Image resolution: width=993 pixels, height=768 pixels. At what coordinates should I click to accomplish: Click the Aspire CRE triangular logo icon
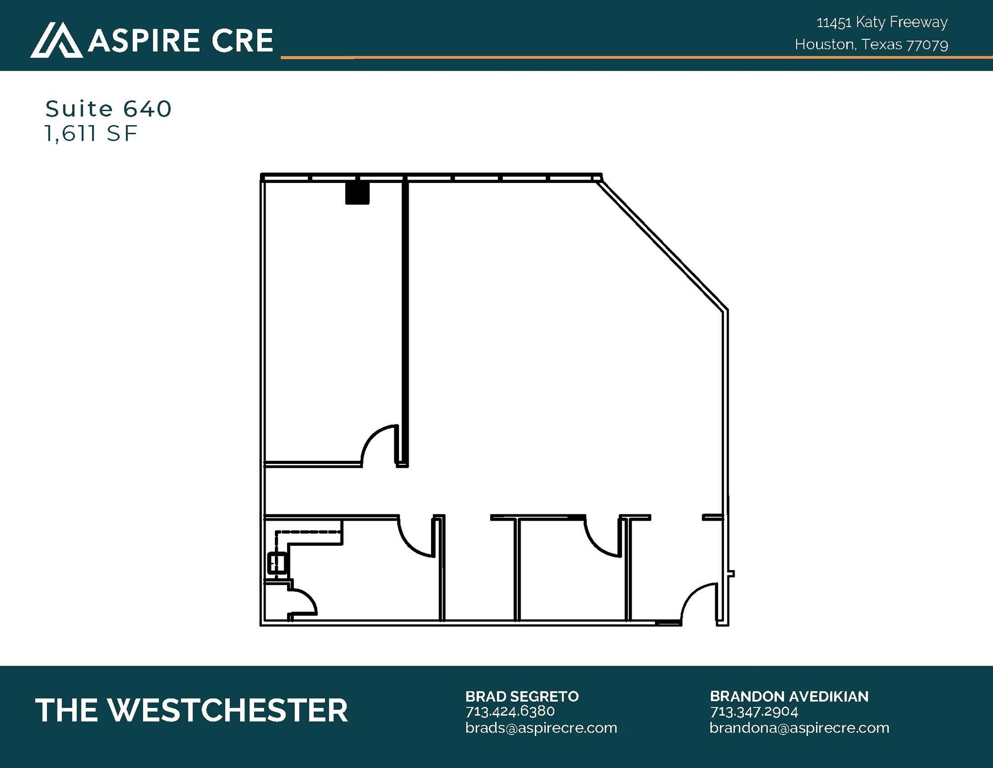(x=56, y=40)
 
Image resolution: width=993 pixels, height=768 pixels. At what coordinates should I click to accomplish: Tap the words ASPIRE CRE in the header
(x=180, y=40)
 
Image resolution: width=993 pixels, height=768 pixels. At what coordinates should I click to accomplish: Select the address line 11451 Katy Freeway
(x=882, y=22)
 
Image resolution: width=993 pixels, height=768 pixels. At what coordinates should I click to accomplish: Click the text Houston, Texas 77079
(x=871, y=45)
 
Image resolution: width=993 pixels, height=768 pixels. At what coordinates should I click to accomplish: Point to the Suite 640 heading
(x=109, y=109)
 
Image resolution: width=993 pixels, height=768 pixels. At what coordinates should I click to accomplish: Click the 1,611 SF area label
(x=91, y=133)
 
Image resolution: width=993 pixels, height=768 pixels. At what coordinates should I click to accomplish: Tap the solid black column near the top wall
(x=357, y=192)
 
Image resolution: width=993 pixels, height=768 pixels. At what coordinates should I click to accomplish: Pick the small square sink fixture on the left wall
(x=278, y=564)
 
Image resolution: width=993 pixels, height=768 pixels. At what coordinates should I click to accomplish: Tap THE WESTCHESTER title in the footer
(x=192, y=710)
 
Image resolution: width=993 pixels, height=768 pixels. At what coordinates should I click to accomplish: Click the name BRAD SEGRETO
(x=522, y=696)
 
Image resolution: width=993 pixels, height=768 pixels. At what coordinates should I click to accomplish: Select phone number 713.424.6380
(x=510, y=711)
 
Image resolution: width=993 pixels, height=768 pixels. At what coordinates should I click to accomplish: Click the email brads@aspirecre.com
(x=541, y=728)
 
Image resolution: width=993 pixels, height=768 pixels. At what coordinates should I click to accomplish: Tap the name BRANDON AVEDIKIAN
(x=789, y=696)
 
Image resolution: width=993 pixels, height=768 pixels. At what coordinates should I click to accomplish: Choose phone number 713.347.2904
(x=754, y=711)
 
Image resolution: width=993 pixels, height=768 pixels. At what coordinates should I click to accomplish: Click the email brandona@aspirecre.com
(x=800, y=728)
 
